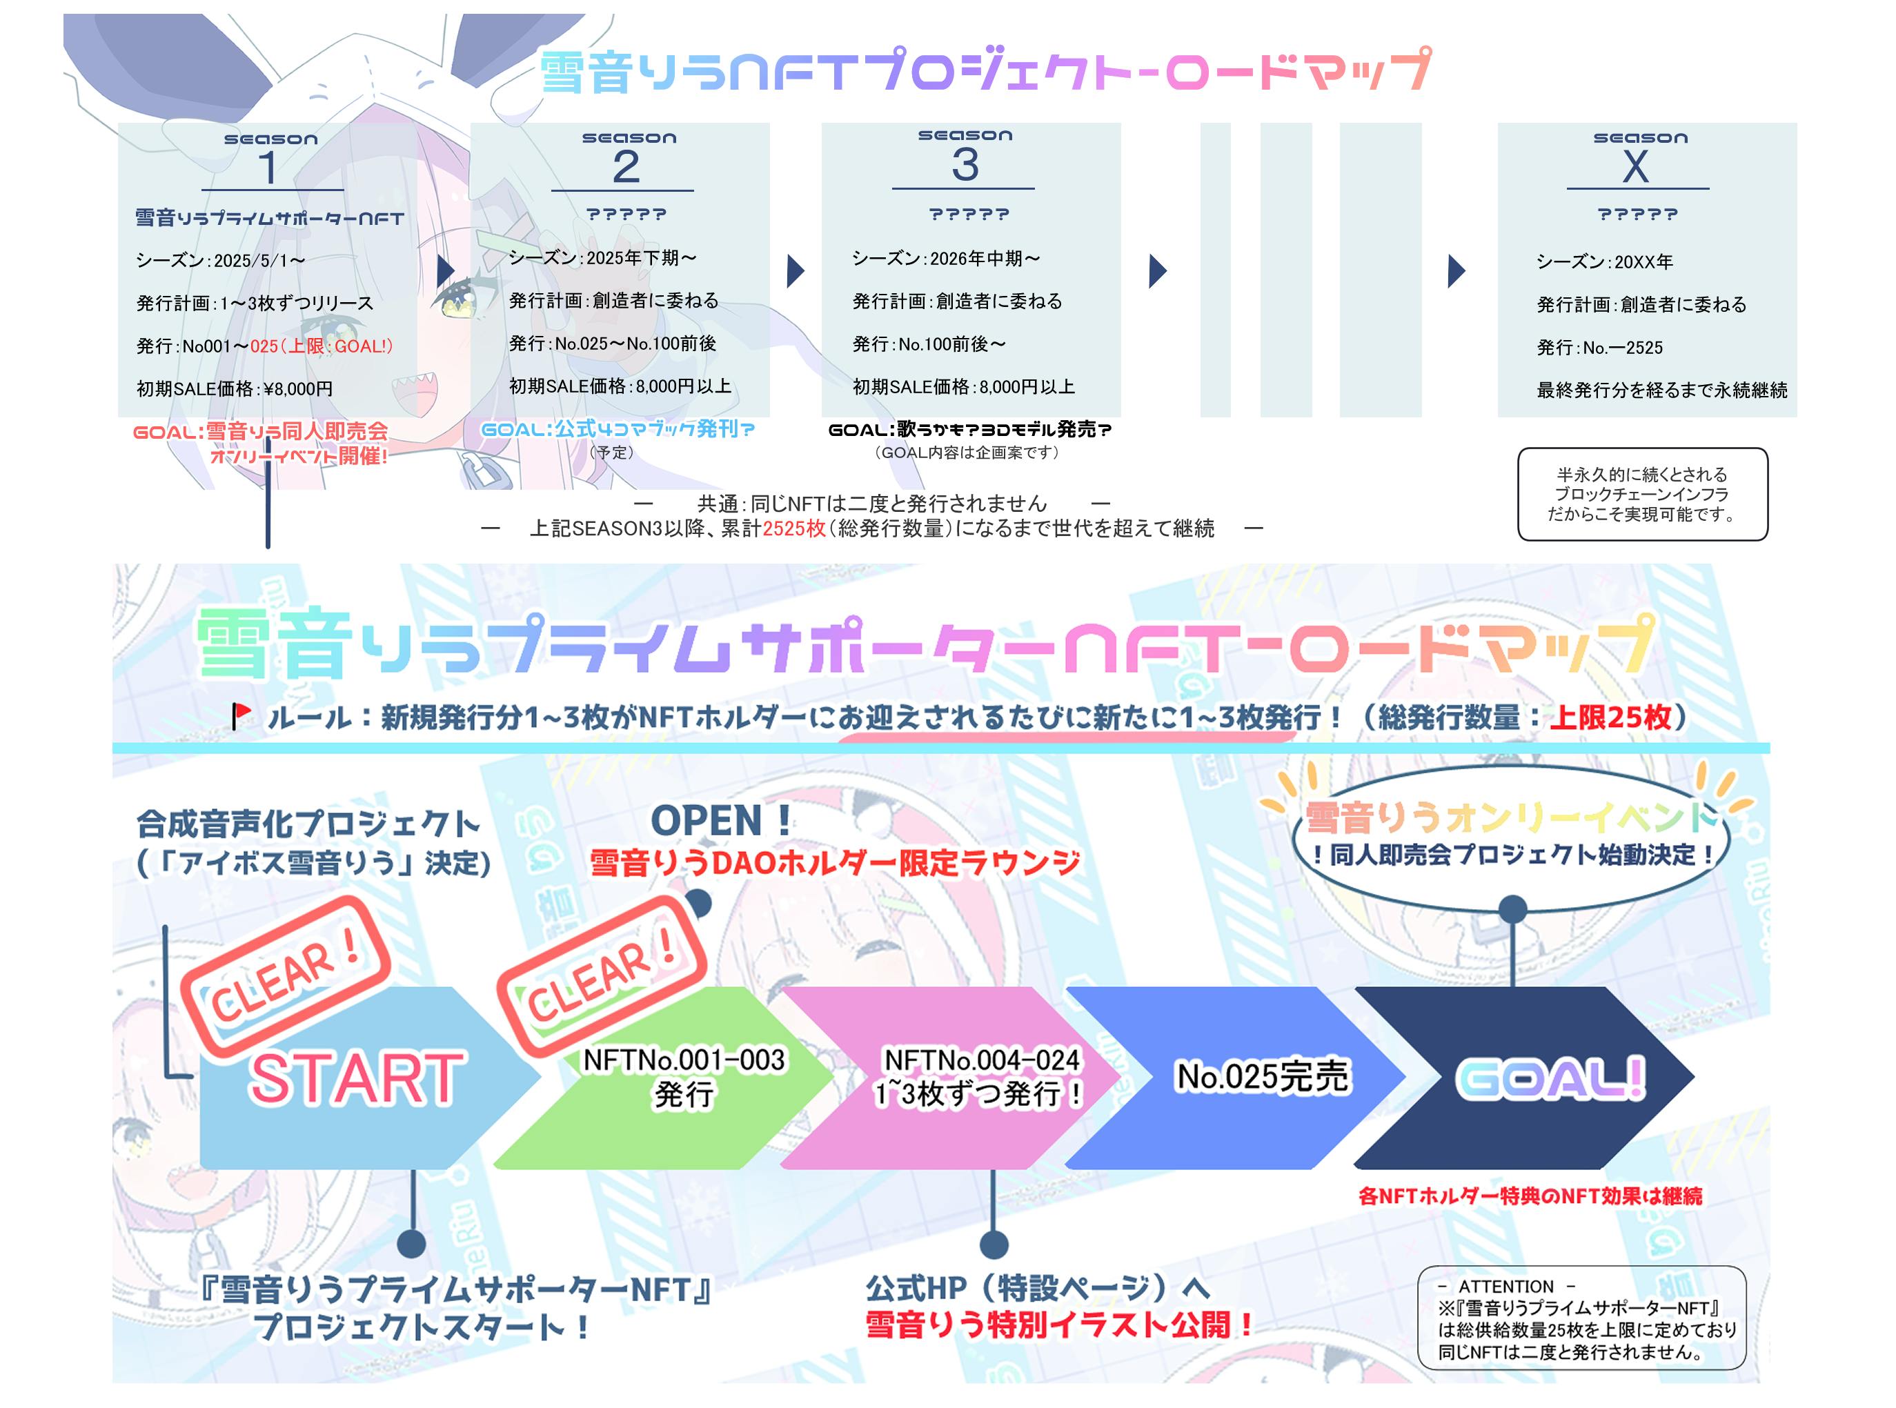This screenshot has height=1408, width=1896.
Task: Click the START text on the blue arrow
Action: (x=356, y=1079)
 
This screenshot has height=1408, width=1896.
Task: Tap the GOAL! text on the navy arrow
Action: (x=1550, y=1079)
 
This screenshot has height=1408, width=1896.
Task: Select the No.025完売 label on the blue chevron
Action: (x=1263, y=1076)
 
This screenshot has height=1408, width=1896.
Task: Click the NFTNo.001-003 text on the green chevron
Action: (x=684, y=1060)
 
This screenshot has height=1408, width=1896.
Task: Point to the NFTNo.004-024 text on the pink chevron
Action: (x=982, y=1060)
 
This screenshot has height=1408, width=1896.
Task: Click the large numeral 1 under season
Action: (x=268, y=167)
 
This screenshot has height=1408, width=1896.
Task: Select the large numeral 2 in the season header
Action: (x=626, y=166)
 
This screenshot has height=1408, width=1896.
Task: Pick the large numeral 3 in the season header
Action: (x=965, y=163)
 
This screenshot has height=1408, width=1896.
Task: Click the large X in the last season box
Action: (x=1635, y=166)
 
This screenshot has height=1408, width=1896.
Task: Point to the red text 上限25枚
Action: (x=1610, y=717)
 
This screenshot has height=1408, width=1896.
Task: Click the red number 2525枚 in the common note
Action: (x=795, y=528)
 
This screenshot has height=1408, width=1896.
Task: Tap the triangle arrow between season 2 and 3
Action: (x=795, y=271)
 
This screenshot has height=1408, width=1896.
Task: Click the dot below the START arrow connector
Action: (x=412, y=1244)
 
